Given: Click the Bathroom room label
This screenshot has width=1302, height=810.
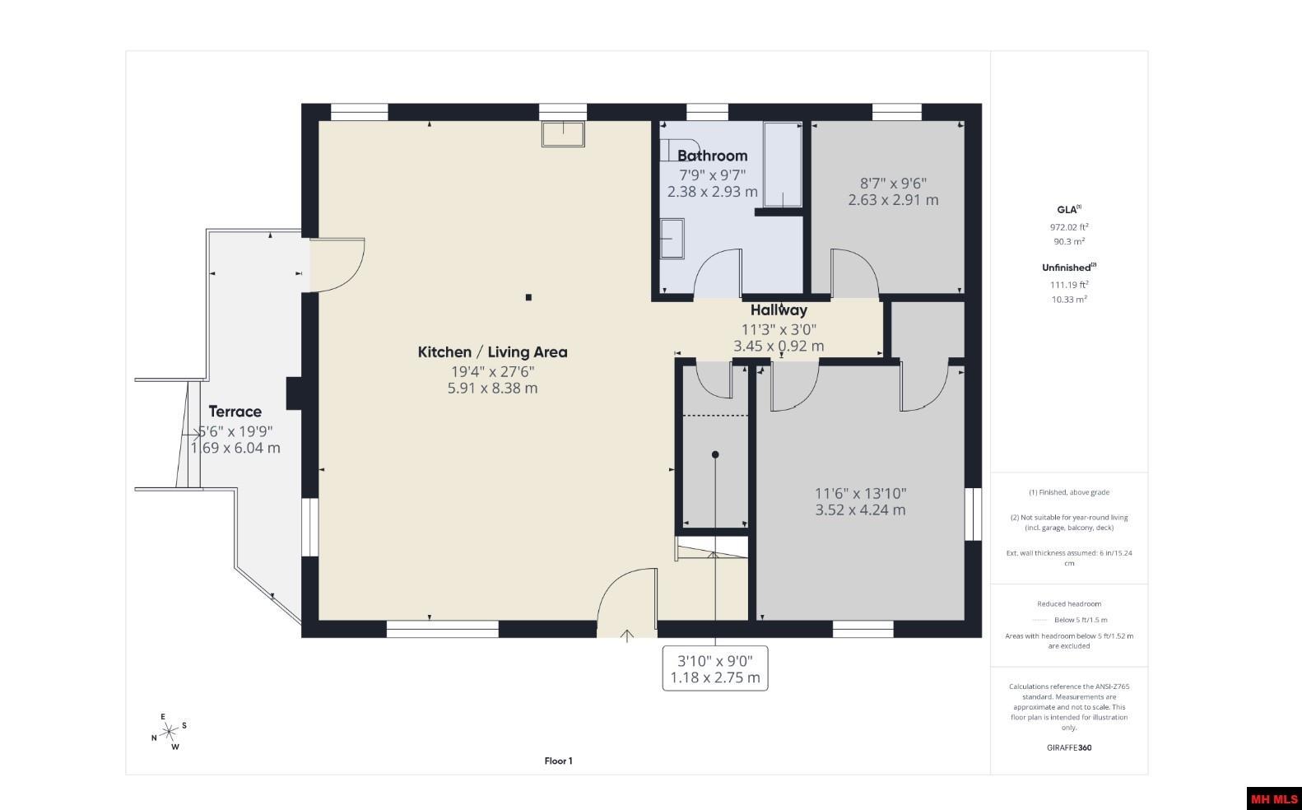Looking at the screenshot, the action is pyautogui.click(x=712, y=156).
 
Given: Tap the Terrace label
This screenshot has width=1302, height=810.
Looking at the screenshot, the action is pyautogui.click(x=235, y=412).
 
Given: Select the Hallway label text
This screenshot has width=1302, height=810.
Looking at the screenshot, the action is pyautogui.click(x=779, y=310).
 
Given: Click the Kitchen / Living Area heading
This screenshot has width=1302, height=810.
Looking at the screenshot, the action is pyautogui.click(x=492, y=351).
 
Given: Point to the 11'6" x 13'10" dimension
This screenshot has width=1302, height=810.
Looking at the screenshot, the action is pyautogui.click(x=860, y=494).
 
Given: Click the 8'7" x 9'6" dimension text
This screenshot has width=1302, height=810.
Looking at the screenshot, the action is pyautogui.click(x=894, y=184).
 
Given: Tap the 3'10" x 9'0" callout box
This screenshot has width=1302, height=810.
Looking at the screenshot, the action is pyautogui.click(x=715, y=668).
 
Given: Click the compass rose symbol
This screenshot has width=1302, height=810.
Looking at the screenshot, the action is pyautogui.click(x=170, y=732).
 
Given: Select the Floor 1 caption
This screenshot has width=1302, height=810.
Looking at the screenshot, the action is pyautogui.click(x=558, y=761).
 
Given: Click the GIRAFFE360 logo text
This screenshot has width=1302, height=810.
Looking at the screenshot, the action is pyautogui.click(x=1069, y=747).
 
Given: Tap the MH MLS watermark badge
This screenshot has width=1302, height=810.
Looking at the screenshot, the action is pyautogui.click(x=1274, y=799).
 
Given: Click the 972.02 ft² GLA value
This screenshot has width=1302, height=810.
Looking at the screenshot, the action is pyautogui.click(x=1069, y=227).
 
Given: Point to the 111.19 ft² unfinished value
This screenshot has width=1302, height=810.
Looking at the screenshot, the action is pyautogui.click(x=1069, y=285).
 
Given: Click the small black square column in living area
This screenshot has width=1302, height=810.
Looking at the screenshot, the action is pyautogui.click(x=528, y=297).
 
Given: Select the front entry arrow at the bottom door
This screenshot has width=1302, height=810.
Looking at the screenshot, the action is pyautogui.click(x=626, y=635).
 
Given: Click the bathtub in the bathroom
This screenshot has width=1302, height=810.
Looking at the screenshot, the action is pyautogui.click(x=783, y=165).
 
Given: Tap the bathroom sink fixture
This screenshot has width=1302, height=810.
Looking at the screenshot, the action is pyautogui.click(x=672, y=239).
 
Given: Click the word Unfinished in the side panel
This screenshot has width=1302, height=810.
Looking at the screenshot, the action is pyautogui.click(x=1066, y=268).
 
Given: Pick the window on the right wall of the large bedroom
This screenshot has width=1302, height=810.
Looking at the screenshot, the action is pyautogui.click(x=973, y=514).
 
